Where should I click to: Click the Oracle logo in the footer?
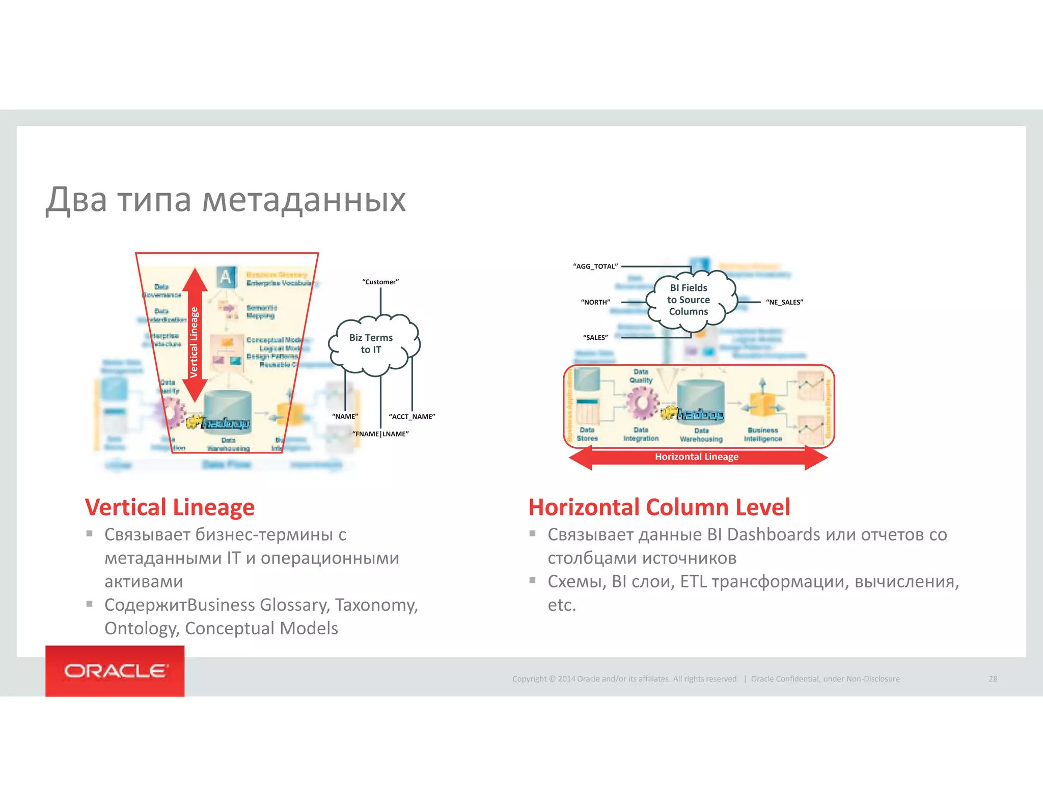point(115,671)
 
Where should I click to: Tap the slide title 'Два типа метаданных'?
point(226,199)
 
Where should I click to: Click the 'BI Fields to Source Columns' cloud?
point(689,300)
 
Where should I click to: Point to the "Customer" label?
point(380,282)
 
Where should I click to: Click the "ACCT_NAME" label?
point(411,417)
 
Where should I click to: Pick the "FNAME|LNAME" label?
point(380,434)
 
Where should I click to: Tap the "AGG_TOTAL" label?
point(595,266)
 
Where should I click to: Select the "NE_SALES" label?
point(784,302)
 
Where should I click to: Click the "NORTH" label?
point(595,302)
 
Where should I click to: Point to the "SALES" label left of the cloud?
point(595,337)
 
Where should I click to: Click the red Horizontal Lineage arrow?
point(697,457)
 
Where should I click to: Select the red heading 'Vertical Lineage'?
point(170,507)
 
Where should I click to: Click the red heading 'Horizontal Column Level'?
point(659,507)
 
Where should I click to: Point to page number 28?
point(993,679)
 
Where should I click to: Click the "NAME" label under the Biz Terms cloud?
point(345,416)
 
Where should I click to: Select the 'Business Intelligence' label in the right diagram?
point(762,435)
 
